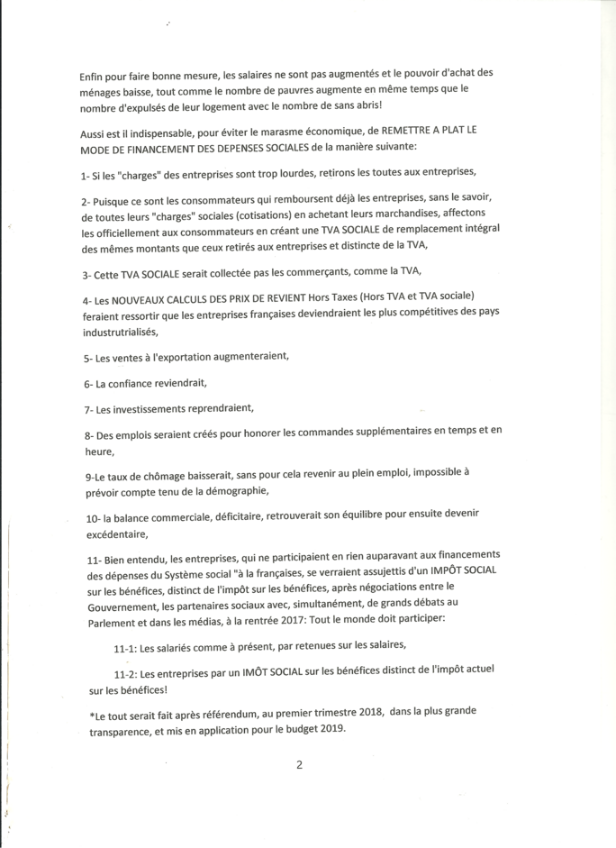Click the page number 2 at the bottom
(x=298, y=765)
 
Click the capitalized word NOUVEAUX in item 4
(x=137, y=297)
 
